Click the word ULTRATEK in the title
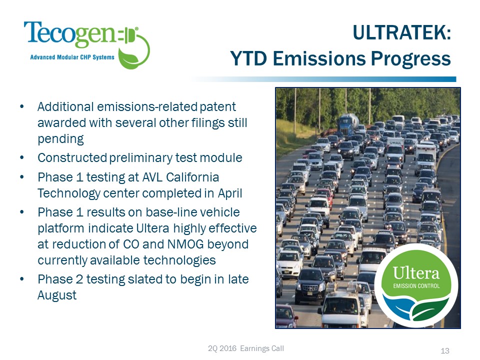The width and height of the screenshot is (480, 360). point(402,32)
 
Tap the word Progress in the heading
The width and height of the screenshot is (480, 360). point(411,58)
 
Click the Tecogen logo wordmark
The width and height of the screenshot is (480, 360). point(70,34)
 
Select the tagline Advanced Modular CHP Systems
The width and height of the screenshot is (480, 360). point(72,57)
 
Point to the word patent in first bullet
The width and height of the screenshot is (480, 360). point(217,107)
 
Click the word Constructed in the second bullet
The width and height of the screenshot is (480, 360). point(72,157)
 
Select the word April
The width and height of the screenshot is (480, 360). point(230,193)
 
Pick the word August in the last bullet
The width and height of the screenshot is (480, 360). point(57,295)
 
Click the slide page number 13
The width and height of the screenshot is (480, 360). point(445,351)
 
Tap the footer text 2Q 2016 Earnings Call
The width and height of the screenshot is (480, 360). point(246,348)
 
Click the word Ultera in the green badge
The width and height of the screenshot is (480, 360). point(416,273)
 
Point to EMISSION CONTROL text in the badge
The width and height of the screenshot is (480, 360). point(416,286)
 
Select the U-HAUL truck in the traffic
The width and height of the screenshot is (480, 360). point(395,148)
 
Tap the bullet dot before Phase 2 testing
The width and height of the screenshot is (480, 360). point(21,279)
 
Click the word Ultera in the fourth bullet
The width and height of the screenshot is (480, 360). point(152,228)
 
